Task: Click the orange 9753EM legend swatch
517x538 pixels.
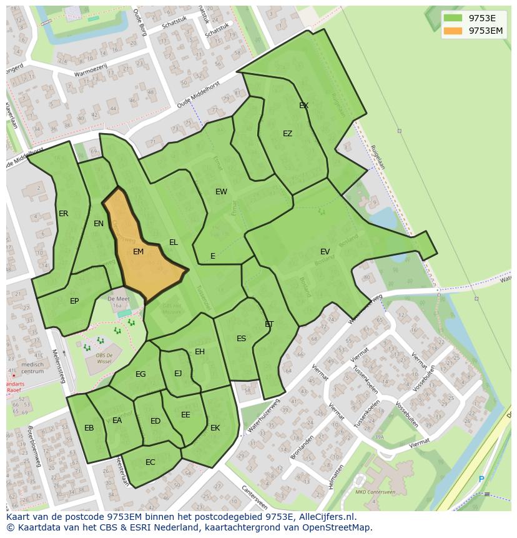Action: tap(454, 31)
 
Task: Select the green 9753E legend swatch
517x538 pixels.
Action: tap(454, 18)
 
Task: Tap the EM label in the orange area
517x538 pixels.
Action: tap(139, 252)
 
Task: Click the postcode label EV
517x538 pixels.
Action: tap(325, 252)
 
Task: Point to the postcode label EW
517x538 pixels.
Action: tap(221, 192)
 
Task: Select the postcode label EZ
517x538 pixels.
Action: tap(287, 134)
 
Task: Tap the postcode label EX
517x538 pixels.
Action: tap(303, 106)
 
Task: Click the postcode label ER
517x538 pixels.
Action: tap(63, 214)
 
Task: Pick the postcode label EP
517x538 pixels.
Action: tap(74, 301)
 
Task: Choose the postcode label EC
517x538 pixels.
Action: tap(150, 462)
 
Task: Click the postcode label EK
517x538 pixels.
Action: tap(215, 428)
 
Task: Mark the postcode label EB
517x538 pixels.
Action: tap(89, 428)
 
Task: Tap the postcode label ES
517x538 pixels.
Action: tap(241, 339)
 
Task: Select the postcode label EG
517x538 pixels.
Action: tap(140, 374)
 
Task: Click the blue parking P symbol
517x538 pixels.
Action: tap(481, 479)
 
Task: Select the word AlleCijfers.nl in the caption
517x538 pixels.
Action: tap(325, 517)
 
